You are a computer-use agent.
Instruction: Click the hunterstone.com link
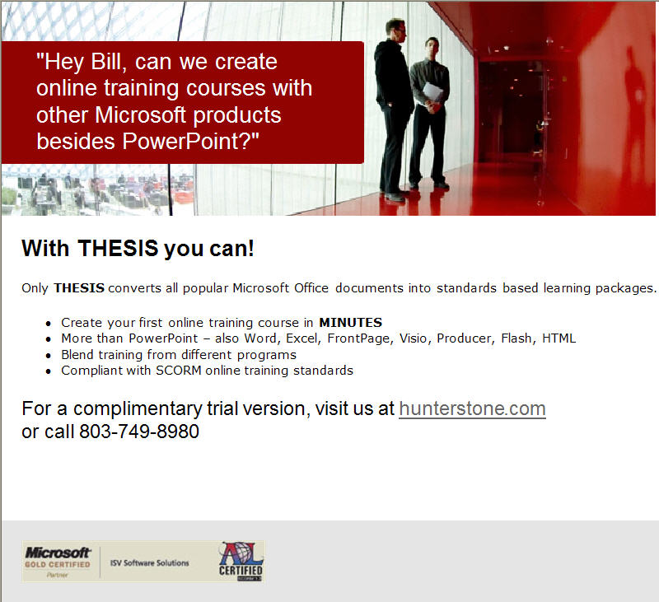pyautogui.click(x=472, y=408)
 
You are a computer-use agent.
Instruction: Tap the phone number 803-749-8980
pyautogui.click(x=139, y=432)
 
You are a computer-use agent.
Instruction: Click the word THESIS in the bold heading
pyautogui.click(x=118, y=248)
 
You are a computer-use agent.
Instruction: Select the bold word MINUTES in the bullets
pyautogui.click(x=351, y=323)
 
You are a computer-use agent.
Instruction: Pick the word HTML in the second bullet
pyautogui.click(x=559, y=338)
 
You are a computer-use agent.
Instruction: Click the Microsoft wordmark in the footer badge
pyautogui.click(x=58, y=553)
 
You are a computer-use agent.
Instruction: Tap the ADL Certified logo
pyautogui.click(x=241, y=562)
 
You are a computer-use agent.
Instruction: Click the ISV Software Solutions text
pyautogui.click(x=149, y=563)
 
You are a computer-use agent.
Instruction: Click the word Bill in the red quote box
pyautogui.click(x=109, y=62)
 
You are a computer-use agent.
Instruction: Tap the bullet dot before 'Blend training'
pyautogui.click(x=49, y=356)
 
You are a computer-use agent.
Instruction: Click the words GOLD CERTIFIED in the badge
pyautogui.click(x=58, y=565)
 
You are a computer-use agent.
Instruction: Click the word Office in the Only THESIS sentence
pyautogui.click(x=311, y=288)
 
